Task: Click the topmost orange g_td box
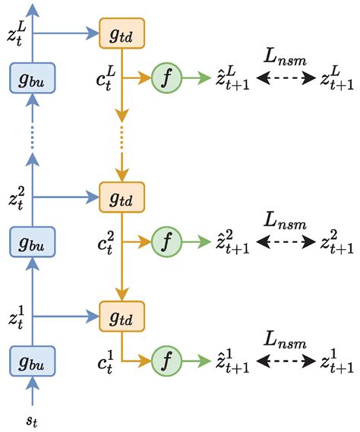click(x=122, y=33)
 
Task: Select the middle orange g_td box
click(x=122, y=199)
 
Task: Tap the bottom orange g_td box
click(x=122, y=315)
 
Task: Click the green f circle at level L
click(x=166, y=77)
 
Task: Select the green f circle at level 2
click(x=166, y=243)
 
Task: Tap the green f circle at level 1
click(x=166, y=359)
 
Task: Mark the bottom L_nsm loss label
click(x=286, y=337)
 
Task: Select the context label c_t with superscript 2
click(x=106, y=243)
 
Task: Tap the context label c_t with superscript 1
click(x=106, y=359)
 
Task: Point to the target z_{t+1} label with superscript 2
click(x=337, y=243)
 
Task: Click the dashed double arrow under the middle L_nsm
click(x=286, y=244)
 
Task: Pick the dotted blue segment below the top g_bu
click(x=33, y=137)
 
